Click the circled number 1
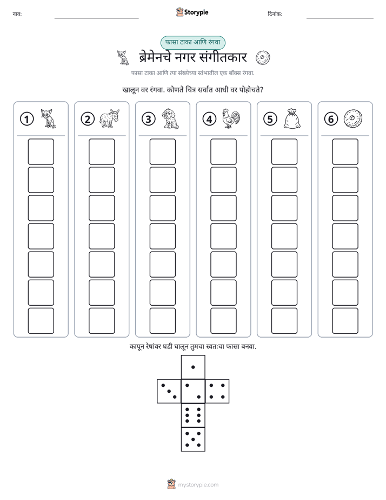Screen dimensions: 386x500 pos(26,119)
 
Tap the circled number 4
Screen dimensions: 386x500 pos(209,119)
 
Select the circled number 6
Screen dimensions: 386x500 pos(331,119)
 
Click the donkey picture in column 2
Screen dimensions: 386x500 pos(109,119)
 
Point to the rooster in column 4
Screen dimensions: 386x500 pos(231,119)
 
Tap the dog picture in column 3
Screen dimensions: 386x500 pos(170,119)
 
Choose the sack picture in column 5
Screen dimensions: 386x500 pos(292,119)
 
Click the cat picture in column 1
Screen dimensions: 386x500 pos(49,119)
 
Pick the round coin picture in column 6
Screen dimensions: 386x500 pos(353,119)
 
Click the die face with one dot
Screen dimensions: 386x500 pos(193,367)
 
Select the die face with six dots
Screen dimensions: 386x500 pos(193,415)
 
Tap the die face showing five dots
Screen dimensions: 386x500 pos(193,439)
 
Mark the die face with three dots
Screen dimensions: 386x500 pos(169,391)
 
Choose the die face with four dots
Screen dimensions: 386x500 pos(217,391)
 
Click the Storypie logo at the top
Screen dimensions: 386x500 pos(192,12)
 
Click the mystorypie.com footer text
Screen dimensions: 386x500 pos(198,485)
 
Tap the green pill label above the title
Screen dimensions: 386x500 pos(192,42)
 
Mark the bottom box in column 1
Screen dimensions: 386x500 pos(41,321)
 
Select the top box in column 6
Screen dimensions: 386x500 pos(345,152)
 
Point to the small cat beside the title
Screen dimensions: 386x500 pos(123,57)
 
